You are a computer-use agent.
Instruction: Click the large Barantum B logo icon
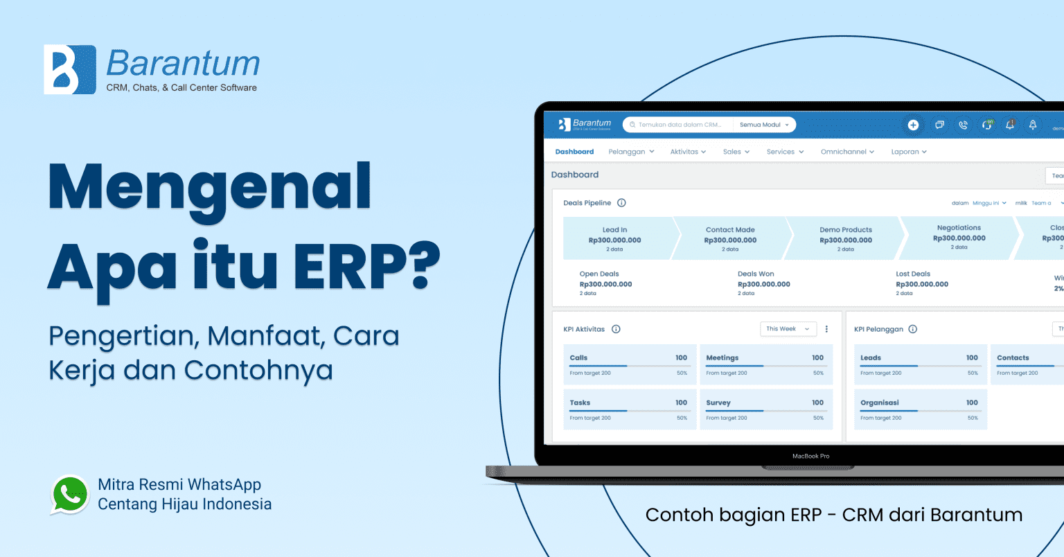69,69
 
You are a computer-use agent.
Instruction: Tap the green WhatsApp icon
70,494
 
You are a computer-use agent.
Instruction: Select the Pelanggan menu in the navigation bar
631,152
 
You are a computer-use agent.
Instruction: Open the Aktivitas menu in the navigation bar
688,152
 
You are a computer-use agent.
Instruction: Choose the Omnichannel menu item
847,152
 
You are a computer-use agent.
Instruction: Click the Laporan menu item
909,152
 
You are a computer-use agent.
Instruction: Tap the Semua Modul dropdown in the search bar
764,125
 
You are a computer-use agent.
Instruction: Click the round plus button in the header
913,125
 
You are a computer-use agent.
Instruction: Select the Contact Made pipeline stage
730,238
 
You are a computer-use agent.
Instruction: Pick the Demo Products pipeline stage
846,238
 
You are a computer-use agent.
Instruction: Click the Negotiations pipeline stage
959,237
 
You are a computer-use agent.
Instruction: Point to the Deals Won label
756,274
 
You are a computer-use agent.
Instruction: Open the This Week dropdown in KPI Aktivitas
788,329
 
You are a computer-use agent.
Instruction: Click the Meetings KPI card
765,365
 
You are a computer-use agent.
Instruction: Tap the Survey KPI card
765,409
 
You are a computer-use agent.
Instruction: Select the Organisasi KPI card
919,409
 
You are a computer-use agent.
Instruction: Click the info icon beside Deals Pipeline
621,203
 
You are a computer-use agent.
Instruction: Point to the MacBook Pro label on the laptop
810,456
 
